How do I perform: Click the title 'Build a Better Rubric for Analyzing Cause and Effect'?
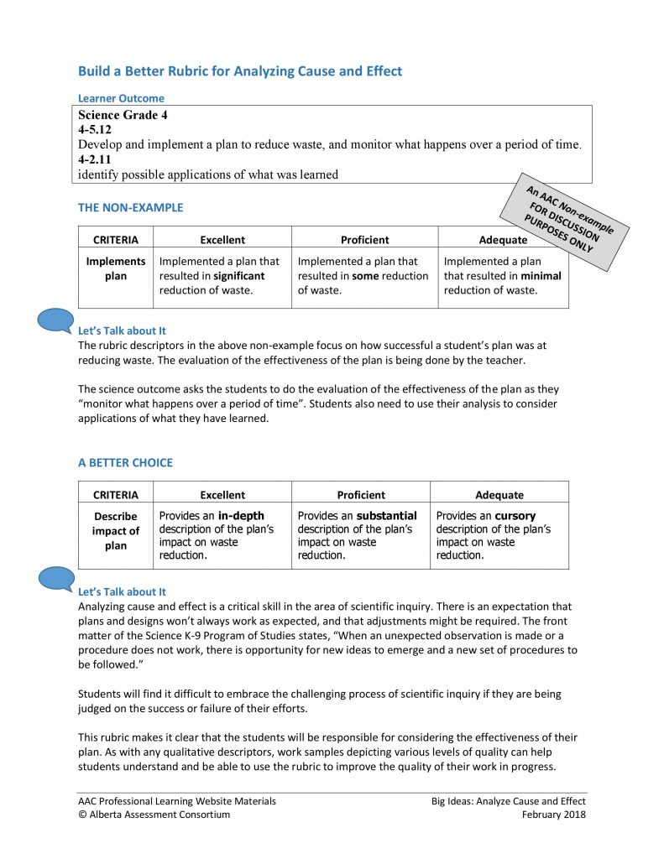tap(240, 71)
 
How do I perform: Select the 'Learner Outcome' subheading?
tap(121, 98)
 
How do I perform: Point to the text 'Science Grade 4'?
tap(123, 115)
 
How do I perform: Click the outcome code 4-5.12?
tap(95, 130)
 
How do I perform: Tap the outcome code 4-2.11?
tap(95, 159)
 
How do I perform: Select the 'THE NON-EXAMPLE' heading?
tap(130, 207)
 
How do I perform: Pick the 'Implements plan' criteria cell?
tap(116, 268)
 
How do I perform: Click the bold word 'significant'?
tap(238, 276)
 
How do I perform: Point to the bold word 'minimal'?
tap(541, 276)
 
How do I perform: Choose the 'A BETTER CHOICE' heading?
tap(125, 462)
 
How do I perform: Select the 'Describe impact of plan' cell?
tap(116, 531)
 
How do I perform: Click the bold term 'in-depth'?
tap(241, 516)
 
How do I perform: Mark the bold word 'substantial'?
tap(386, 516)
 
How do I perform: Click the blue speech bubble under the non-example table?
tap(57, 320)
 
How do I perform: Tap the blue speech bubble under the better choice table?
tap(57, 579)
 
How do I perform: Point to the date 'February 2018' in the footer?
tap(553, 815)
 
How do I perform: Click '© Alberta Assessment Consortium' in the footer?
tap(154, 815)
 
